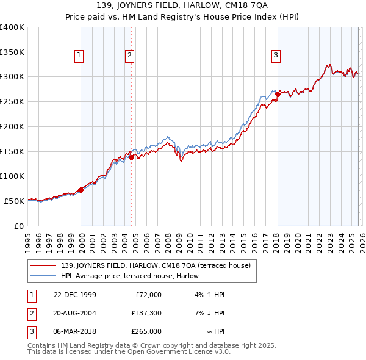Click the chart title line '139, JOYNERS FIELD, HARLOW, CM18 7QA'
click(183, 7)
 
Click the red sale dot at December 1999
click(81, 190)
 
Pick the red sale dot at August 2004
click(132, 157)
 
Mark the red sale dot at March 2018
click(278, 94)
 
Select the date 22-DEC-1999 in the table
click(74, 295)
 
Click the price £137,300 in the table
click(146, 313)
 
